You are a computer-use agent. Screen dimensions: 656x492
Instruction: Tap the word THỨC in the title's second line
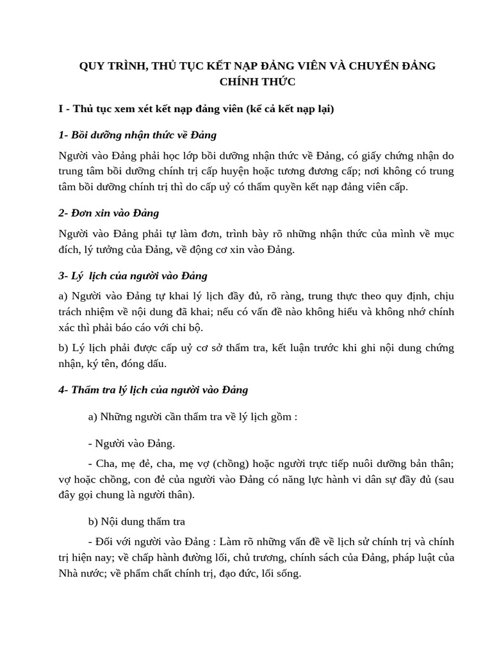[x=279, y=81]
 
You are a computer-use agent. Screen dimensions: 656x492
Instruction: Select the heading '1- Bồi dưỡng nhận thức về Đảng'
[x=137, y=135]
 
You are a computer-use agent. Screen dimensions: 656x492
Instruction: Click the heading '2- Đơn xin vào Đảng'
[x=108, y=212]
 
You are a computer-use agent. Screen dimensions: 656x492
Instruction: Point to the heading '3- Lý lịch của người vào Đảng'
[x=133, y=275]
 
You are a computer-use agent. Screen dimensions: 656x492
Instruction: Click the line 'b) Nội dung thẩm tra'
[x=136, y=521]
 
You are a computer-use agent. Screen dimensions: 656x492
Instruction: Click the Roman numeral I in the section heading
[x=60, y=109]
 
